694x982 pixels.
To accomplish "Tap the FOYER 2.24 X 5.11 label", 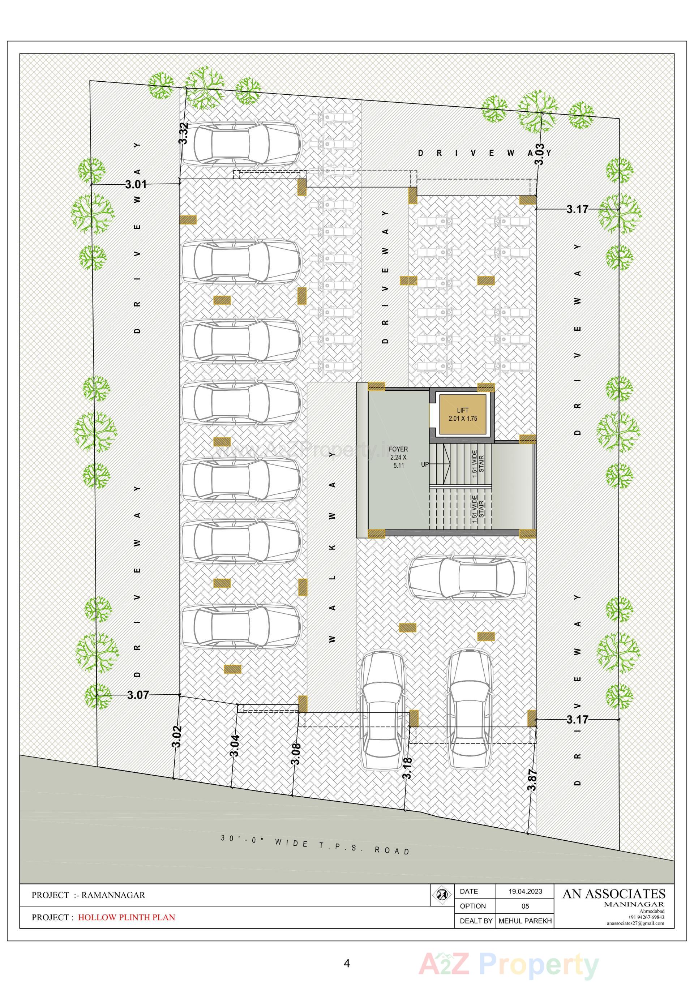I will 398,457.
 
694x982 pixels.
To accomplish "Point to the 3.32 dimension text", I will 184,133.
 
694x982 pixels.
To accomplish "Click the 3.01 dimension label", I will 136,184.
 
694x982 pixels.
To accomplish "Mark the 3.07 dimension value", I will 138,695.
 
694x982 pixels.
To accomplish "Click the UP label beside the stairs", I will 425,464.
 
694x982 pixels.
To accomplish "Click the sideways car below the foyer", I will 467,578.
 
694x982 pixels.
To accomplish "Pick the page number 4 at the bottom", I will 347,963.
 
